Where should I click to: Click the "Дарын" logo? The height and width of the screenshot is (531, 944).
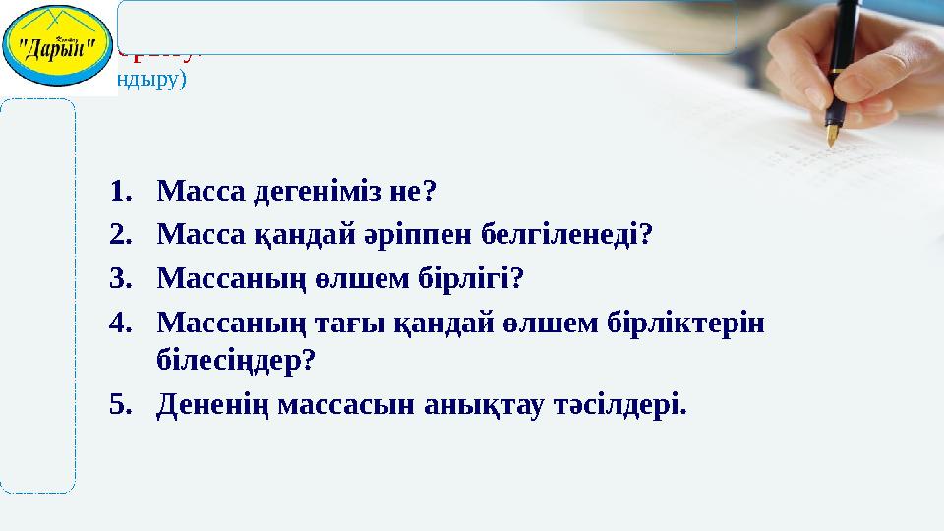(x=56, y=45)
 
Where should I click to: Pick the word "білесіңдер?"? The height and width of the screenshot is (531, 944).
(x=236, y=361)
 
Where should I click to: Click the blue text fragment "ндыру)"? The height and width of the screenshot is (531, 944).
(x=149, y=80)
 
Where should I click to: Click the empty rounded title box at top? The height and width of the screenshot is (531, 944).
(x=427, y=27)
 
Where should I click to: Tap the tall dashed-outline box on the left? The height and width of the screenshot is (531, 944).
(x=37, y=295)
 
